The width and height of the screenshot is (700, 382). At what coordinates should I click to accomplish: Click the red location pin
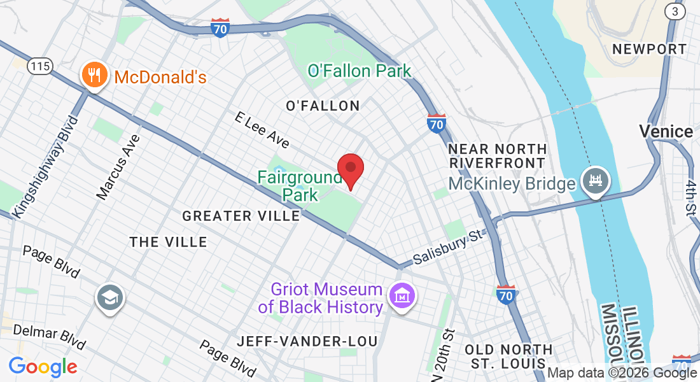(350, 169)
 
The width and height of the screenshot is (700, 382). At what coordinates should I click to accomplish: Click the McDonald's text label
(160, 78)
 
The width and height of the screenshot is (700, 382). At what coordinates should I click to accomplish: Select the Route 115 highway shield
(39, 66)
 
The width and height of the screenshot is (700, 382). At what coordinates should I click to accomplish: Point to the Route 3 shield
(674, 11)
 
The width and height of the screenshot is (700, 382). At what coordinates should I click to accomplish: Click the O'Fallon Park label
(360, 71)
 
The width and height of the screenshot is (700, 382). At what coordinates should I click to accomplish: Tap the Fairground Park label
(300, 185)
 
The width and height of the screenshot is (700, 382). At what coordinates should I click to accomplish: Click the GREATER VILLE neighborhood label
(241, 216)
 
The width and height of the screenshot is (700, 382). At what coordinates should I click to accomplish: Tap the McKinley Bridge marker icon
(596, 181)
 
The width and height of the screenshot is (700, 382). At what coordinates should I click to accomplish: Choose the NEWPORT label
(649, 49)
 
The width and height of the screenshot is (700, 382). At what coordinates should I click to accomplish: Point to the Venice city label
(666, 132)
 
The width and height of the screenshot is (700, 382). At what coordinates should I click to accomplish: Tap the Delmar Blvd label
(49, 336)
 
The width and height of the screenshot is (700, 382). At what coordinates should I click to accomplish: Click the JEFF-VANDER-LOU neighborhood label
(307, 341)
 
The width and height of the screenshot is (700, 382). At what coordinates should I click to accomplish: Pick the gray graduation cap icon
(110, 297)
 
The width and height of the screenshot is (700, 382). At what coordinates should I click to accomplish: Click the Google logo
(43, 367)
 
